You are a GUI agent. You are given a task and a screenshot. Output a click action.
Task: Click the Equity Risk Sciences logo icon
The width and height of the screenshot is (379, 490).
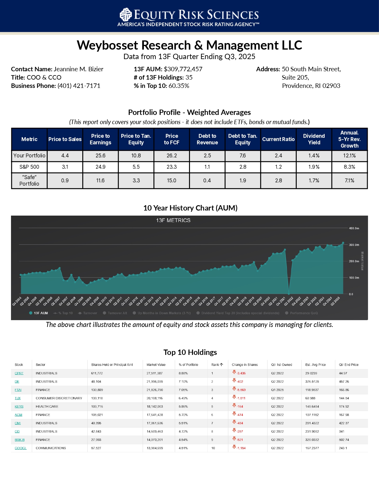point(125,14)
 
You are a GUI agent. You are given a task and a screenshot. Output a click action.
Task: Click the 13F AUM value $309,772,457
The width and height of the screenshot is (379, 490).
point(183,69)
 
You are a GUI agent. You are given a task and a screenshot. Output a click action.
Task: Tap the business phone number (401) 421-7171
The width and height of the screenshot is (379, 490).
point(79,86)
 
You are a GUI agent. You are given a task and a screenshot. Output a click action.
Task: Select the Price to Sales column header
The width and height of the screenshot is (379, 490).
point(65,139)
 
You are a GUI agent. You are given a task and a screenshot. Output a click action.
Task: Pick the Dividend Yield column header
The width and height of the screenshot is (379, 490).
point(314,139)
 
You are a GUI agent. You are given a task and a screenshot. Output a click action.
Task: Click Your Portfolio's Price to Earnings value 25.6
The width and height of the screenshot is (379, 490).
point(100,156)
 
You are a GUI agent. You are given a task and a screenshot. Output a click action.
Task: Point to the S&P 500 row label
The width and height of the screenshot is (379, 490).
point(29,167)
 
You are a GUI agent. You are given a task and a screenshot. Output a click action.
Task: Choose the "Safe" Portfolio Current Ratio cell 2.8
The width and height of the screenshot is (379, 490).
point(278,181)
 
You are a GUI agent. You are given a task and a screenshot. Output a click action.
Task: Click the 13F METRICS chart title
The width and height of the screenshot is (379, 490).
point(173,220)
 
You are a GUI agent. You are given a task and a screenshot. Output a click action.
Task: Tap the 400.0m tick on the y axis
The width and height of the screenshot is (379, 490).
point(354,228)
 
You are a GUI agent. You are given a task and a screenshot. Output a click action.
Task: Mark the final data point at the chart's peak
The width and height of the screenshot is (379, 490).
point(343,243)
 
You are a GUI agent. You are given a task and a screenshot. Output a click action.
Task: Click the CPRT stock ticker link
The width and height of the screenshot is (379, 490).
point(19,373)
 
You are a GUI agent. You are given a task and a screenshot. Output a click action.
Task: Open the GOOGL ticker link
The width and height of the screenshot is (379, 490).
point(21,448)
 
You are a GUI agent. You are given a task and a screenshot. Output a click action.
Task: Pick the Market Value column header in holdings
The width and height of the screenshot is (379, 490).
point(156,365)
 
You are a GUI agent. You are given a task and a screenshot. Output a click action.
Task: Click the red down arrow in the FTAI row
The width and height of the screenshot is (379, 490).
point(234,389)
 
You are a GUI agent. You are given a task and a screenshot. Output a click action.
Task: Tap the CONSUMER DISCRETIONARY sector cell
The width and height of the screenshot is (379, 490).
point(59,398)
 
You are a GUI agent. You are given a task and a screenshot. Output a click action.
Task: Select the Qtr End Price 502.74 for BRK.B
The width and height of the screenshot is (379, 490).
point(344,440)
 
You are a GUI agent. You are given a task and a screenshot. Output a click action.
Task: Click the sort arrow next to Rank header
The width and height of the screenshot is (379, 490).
point(221,365)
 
